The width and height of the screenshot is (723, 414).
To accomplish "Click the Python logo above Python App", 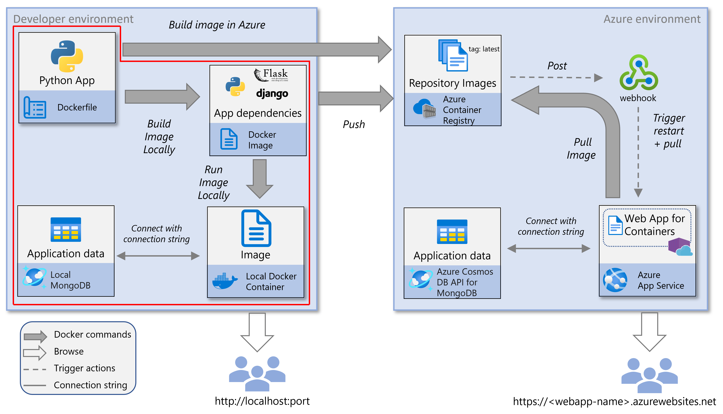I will (x=67, y=56).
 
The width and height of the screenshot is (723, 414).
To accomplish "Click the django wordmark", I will (x=272, y=94).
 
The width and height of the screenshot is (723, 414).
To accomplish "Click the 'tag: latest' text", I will (x=484, y=49).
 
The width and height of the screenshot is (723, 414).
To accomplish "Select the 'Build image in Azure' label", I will (x=217, y=25).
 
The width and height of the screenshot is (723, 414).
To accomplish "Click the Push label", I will (x=354, y=124).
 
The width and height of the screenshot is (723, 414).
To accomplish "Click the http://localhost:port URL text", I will (x=262, y=401).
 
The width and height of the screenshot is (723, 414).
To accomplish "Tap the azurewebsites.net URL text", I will (x=614, y=401).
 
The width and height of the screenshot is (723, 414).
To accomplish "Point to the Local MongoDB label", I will (x=70, y=280).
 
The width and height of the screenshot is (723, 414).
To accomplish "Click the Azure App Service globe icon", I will (x=615, y=280).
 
